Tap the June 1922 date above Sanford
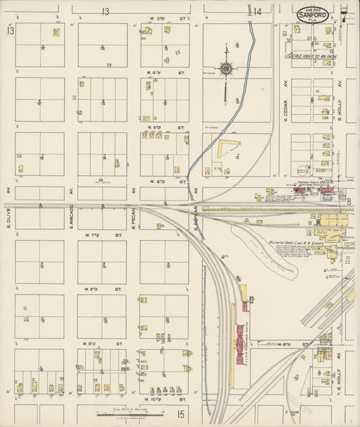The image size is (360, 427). pyautogui.click(x=312, y=6)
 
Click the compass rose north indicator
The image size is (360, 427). pyautogui.click(x=226, y=68)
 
